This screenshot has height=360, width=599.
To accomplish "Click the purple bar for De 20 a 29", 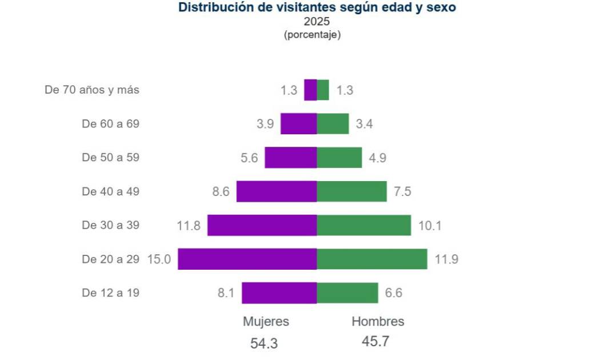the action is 247,259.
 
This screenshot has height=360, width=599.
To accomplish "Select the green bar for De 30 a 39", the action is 364,225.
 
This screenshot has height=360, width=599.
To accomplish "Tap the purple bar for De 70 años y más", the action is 310,90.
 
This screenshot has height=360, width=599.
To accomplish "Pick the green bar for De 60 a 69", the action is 333,123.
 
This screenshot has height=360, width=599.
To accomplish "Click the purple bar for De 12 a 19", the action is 279,293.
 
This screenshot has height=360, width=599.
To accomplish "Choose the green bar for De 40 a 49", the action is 352,191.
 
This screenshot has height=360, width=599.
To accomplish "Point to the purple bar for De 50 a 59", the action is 291,157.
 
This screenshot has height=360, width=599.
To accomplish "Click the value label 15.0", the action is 159,259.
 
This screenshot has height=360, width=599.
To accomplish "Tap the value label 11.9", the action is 446,259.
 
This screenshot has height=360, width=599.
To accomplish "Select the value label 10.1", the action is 430,226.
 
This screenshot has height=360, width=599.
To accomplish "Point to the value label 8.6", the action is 221,191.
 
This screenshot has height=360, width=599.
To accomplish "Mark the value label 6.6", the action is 393,293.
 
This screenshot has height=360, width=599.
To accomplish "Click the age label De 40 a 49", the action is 110,191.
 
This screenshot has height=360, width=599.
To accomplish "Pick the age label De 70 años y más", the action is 91,90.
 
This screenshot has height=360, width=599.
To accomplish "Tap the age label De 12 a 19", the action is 110,293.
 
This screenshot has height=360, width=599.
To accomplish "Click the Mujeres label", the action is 266,322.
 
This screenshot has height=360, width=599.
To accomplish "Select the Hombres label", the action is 378,322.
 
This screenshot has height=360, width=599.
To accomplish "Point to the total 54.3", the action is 264,343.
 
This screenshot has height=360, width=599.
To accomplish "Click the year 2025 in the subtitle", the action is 317,21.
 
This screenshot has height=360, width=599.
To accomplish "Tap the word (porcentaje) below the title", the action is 312,35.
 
